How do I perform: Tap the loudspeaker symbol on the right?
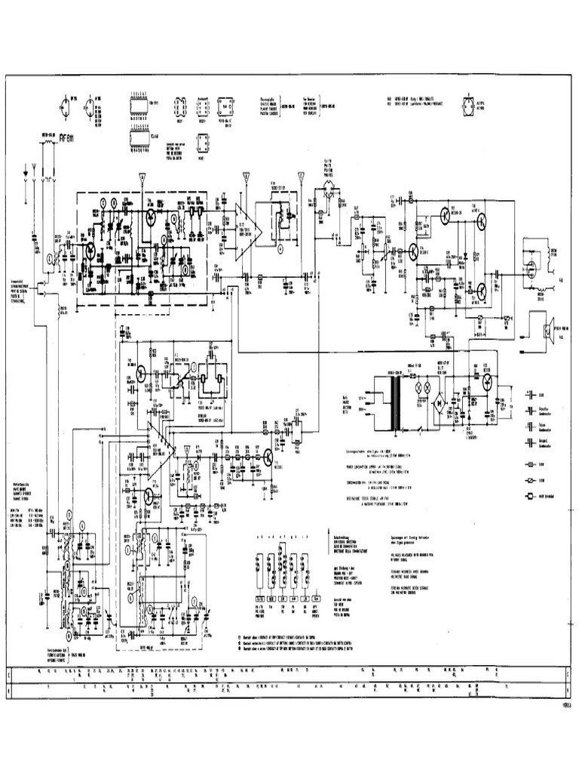pyautogui.click(x=547, y=330)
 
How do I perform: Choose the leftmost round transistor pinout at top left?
pyautogui.click(x=63, y=106)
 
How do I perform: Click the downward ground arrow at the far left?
pyautogui.click(x=28, y=172)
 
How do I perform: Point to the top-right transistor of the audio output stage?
pyautogui.click(x=480, y=220)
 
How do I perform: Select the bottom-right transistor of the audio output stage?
pyautogui.click(x=480, y=290)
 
